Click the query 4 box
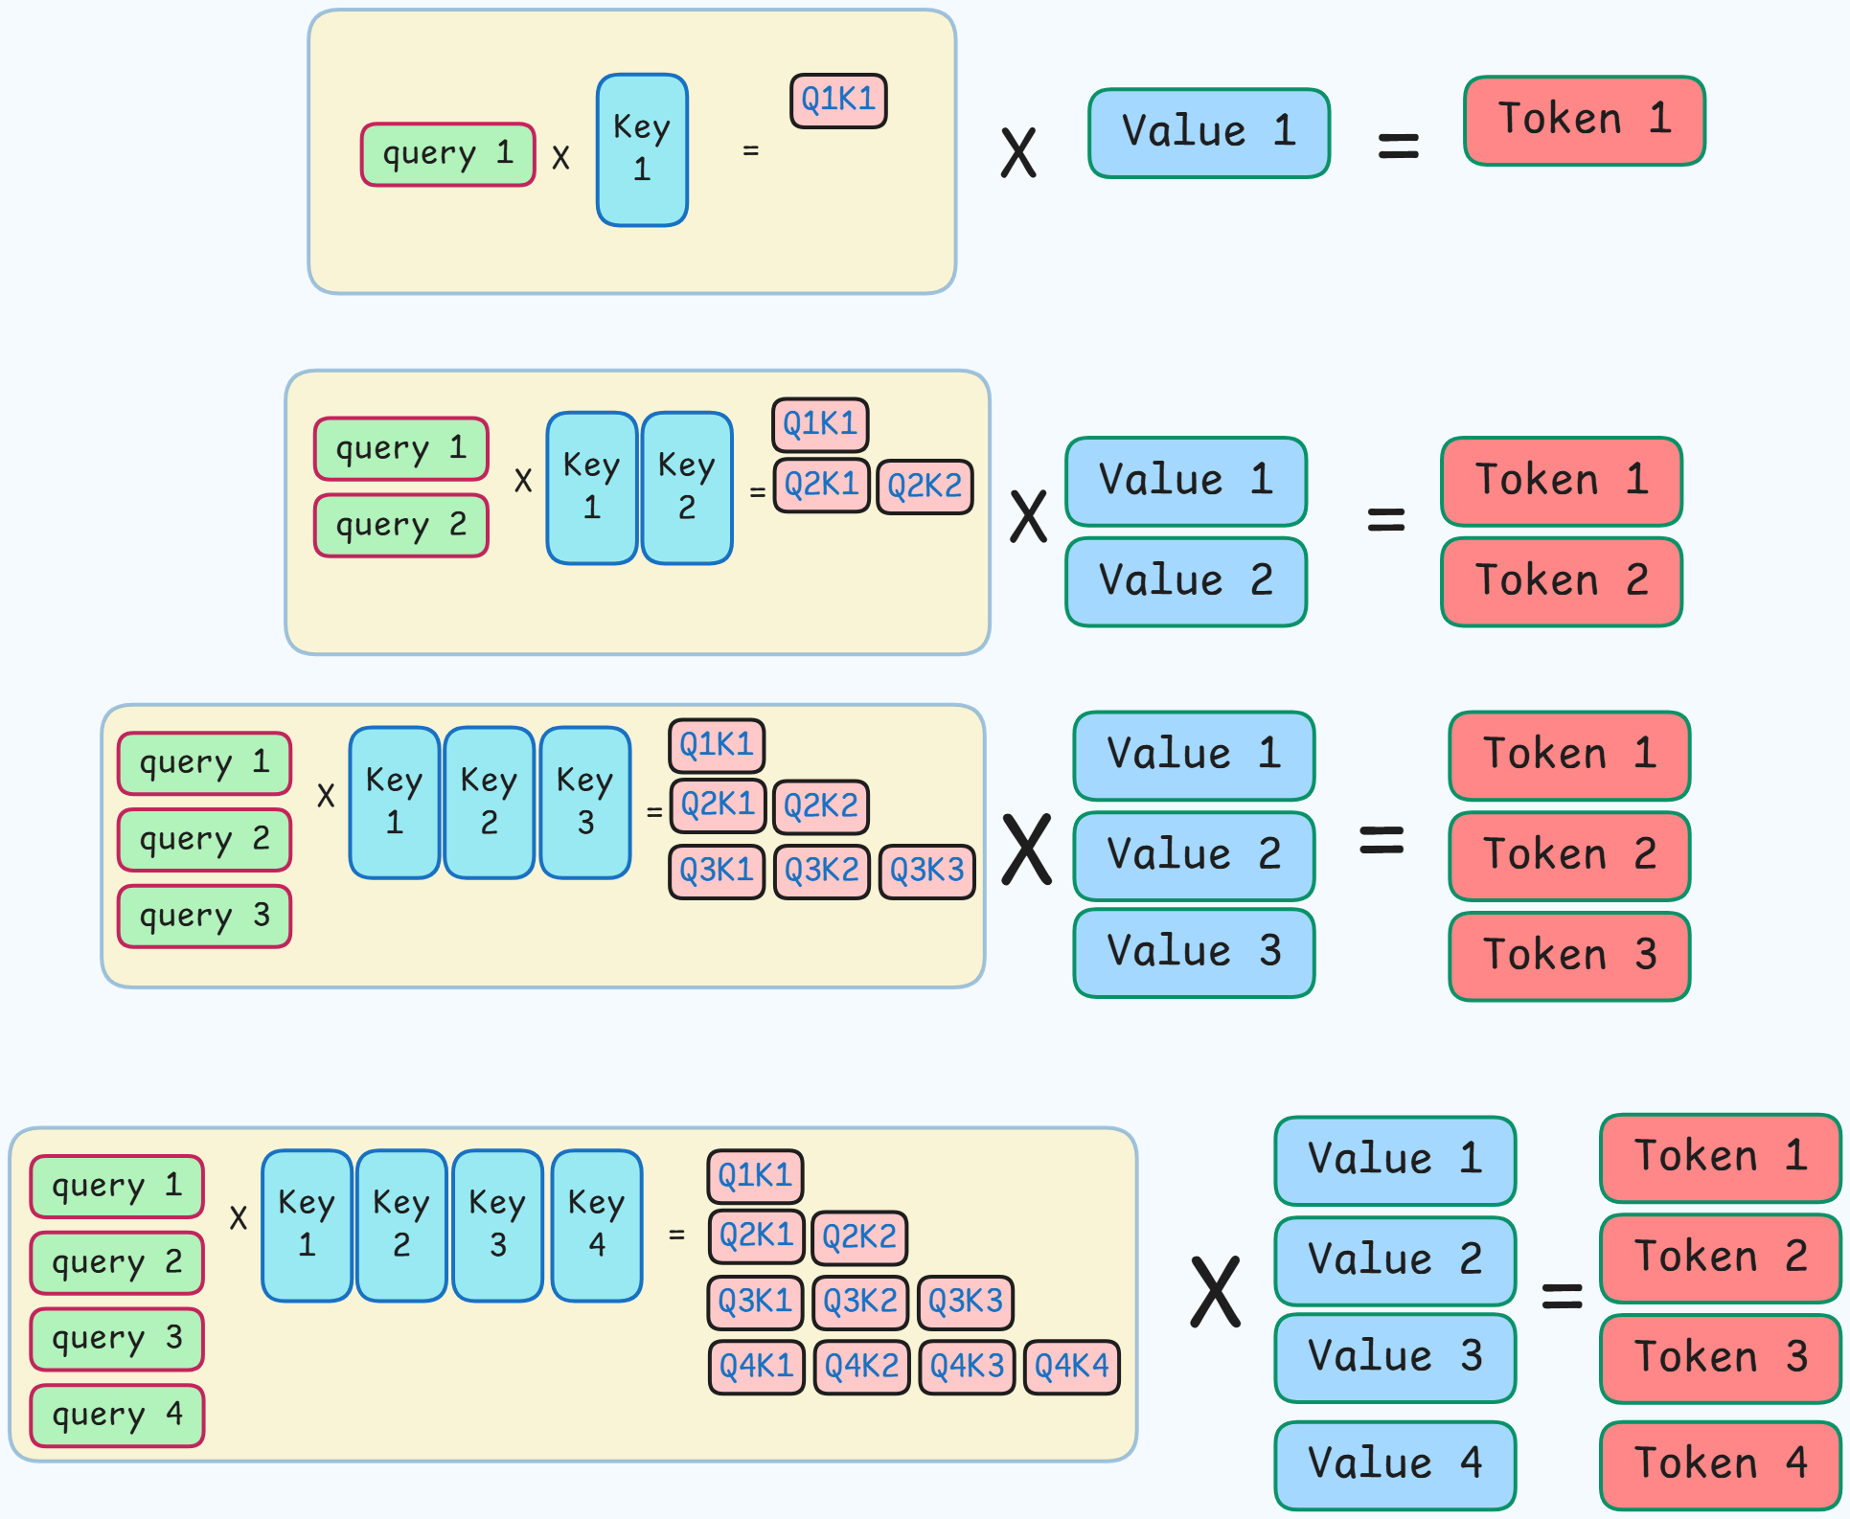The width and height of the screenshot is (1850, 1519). point(117,1415)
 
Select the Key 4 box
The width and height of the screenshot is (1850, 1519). point(597,1225)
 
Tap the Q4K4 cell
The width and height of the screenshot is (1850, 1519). point(1072,1367)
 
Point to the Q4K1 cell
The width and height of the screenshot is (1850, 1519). point(756,1367)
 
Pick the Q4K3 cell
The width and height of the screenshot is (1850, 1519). point(967,1367)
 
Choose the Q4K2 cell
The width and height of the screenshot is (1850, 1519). point(861,1367)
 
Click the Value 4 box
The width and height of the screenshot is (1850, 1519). point(1395,1464)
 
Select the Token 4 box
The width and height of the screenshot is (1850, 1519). point(1720,1464)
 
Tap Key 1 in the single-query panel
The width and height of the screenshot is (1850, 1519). point(642,149)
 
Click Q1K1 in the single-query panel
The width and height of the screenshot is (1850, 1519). point(838,100)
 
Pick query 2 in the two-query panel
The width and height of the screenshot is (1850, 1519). point(401,525)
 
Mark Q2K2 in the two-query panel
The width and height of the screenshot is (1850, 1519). point(925,487)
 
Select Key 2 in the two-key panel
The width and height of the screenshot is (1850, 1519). point(687,487)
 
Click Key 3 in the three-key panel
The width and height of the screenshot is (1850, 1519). point(585,802)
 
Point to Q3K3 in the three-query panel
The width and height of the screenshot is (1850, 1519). point(926,872)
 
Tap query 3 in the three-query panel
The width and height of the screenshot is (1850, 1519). point(204,916)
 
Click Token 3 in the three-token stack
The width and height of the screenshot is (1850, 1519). point(1569,956)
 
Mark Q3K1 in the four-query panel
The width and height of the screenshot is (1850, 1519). point(755,1303)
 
